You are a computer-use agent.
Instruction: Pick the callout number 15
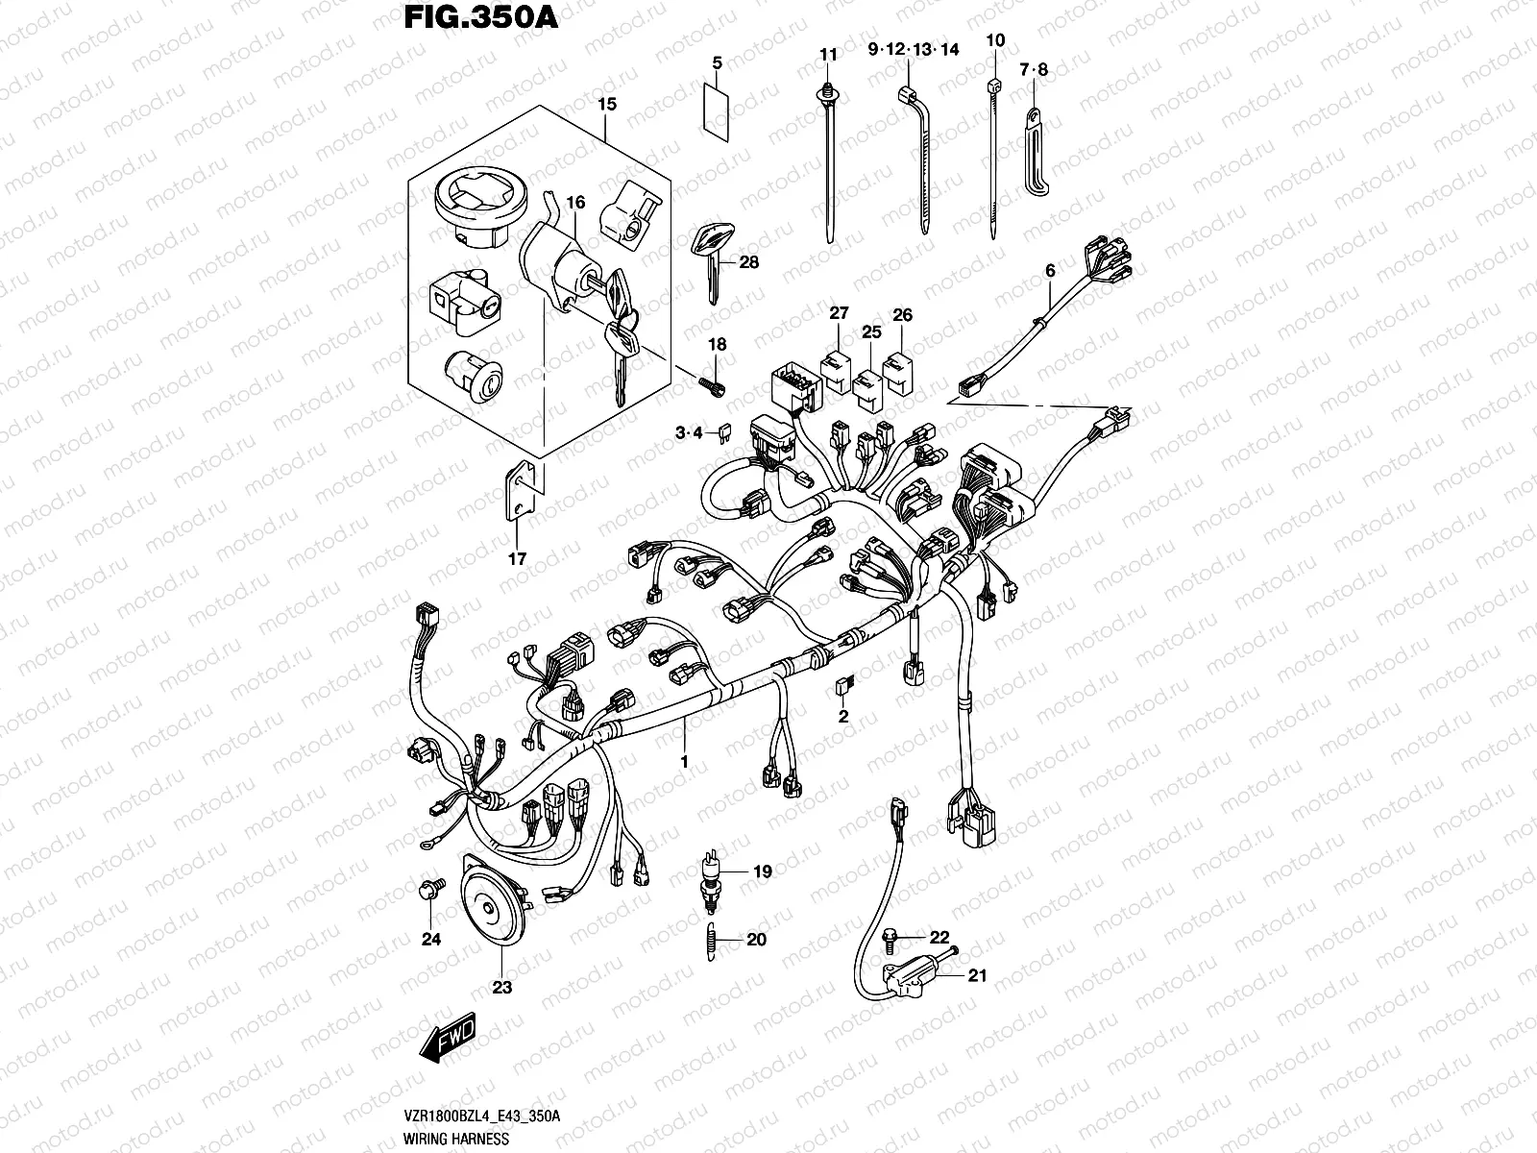(x=606, y=103)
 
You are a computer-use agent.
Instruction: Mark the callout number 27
(x=840, y=314)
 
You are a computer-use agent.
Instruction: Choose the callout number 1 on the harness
(x=684, y=761)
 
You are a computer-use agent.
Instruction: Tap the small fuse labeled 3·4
(x=717, y=435)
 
